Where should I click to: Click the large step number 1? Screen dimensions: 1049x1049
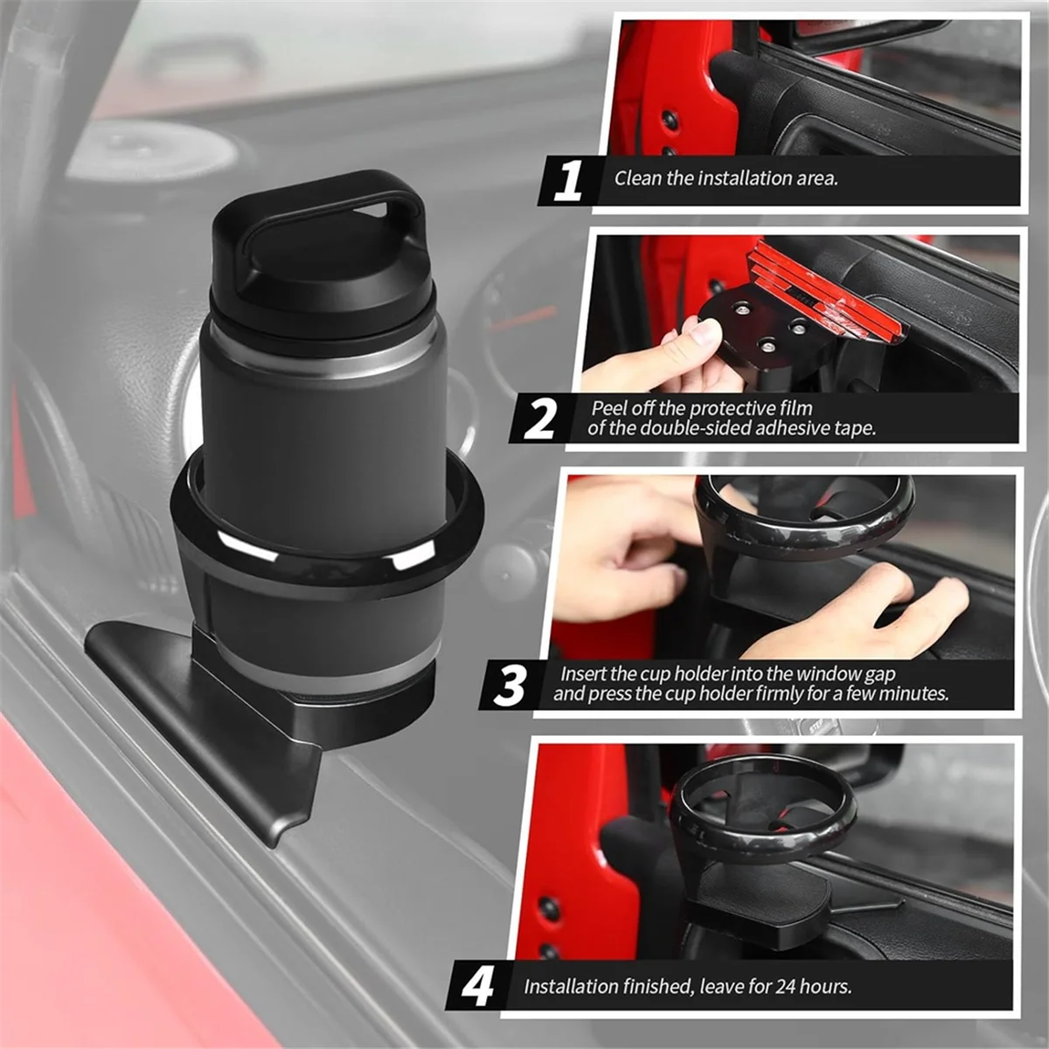[567, 181]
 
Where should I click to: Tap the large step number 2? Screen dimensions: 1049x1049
[539, 420]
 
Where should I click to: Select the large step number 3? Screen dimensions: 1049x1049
[510, 685]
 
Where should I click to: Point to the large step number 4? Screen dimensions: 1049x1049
[477, 987]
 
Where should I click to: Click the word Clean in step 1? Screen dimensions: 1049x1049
[637, 178]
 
